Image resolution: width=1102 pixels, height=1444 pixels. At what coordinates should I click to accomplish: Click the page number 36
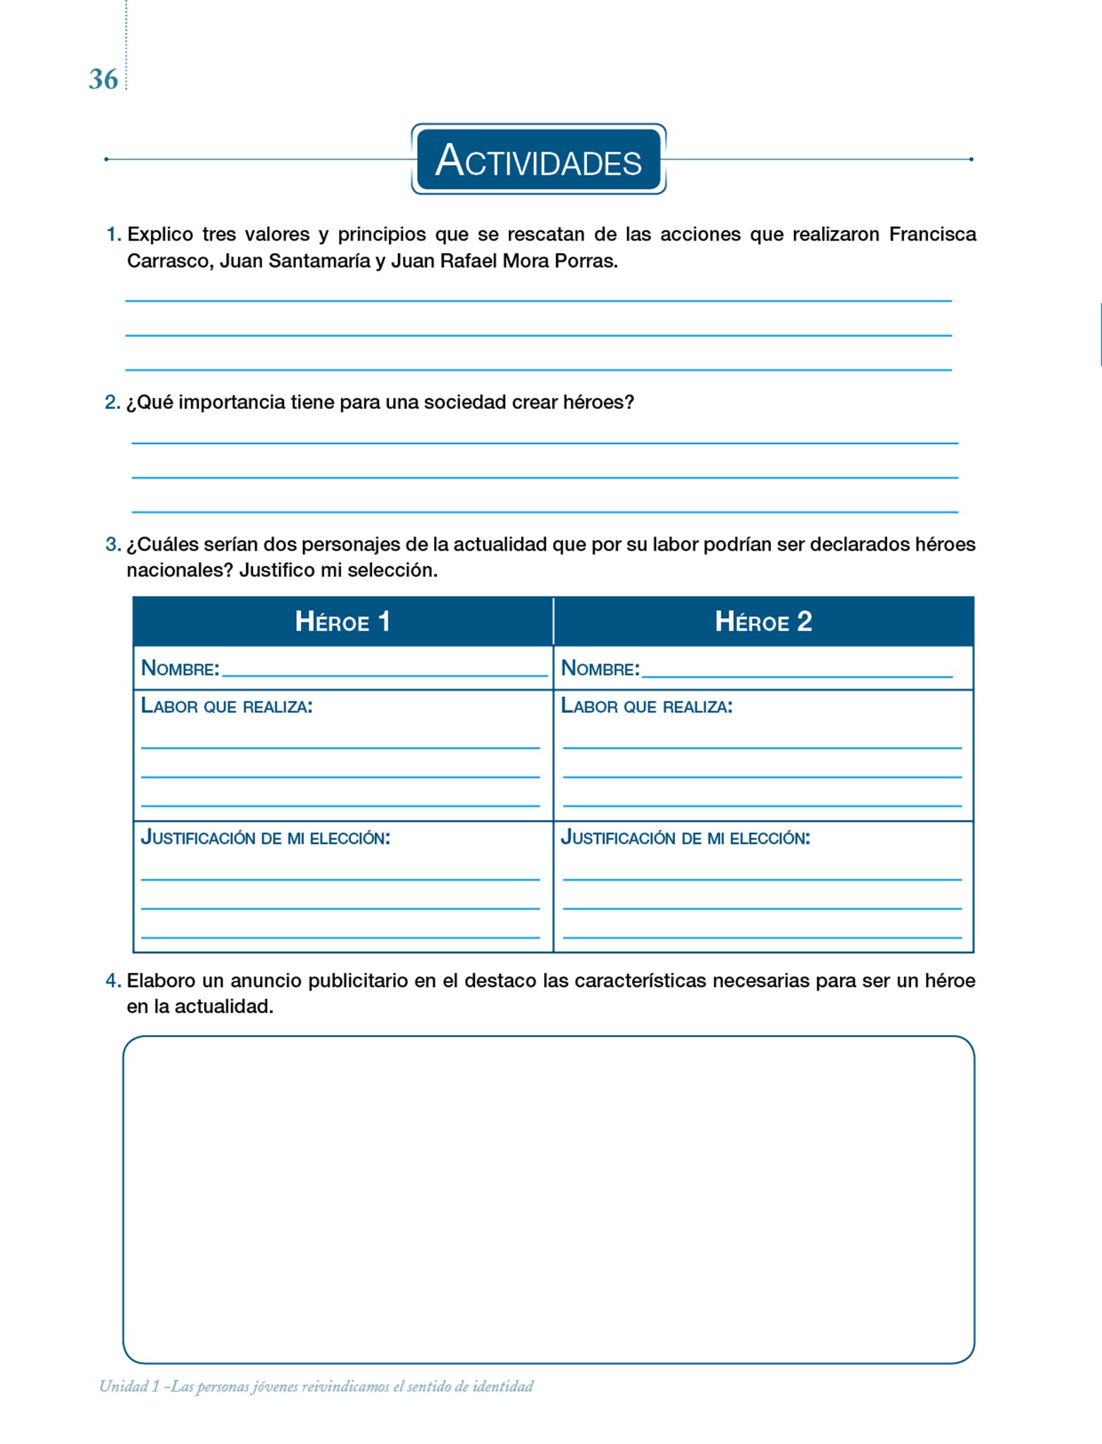click(x=103, y=80)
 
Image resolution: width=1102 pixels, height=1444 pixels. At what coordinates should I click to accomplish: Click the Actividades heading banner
click(x=538, y=159)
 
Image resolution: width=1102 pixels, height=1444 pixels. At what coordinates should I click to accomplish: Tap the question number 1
click(x=113, y=234)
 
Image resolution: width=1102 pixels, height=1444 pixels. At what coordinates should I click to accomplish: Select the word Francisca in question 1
click(x=932, y=234)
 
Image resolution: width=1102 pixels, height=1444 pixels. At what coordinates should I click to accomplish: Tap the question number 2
click(x=112, y=402)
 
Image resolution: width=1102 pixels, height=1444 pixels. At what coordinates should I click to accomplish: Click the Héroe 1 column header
click(x=342, y=621)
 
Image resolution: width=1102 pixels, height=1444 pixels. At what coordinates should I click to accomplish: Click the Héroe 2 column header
click(x=763, y=621)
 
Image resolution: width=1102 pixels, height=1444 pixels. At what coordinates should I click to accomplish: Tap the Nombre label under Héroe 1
click(x=180, y=668)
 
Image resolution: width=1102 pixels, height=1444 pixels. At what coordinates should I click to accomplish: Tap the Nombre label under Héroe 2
click(x=600, y=668)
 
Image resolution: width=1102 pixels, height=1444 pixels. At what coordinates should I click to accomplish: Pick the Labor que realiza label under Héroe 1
click(x=227, y=706)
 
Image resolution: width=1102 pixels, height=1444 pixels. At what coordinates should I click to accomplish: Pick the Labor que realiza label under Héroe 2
click(x=647, y=706)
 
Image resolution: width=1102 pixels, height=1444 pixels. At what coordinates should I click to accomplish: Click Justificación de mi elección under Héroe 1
click(x=266, y=838)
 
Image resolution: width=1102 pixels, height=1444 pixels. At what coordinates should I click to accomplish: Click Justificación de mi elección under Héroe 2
click(x=686, y=838)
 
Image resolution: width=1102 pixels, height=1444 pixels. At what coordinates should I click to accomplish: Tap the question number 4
click(x=113, y=981)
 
